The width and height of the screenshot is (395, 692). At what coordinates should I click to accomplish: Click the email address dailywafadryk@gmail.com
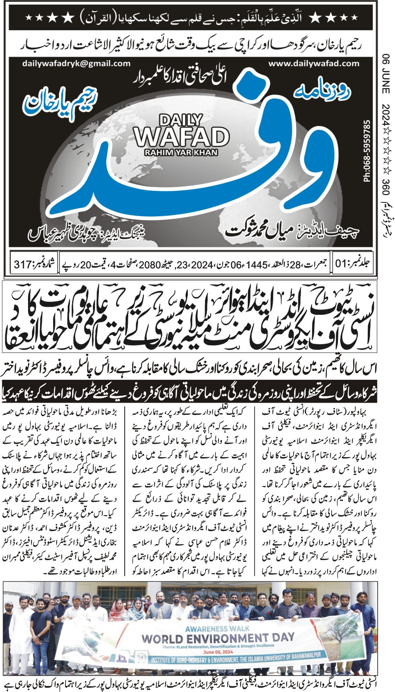[76, 63]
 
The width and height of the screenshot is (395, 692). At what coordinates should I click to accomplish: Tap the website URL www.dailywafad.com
[313, 63]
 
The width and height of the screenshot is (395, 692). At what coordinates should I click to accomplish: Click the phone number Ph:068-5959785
[367, 151]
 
